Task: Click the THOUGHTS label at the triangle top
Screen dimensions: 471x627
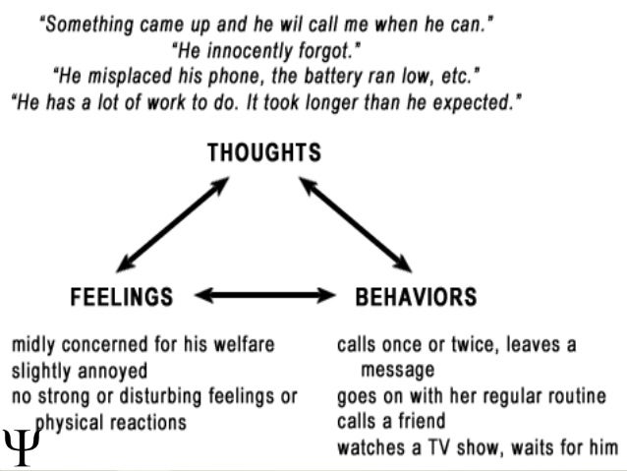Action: [263, 153]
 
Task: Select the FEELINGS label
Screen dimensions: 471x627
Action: [122, 296]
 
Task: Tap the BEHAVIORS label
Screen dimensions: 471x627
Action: [416, 296]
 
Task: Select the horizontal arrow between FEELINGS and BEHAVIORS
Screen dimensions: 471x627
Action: [266, 294]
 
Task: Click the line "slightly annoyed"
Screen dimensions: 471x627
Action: [79, 372]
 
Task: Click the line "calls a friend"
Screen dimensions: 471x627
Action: [390, 423]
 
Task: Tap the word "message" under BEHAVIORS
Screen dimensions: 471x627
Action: [397, 372]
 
